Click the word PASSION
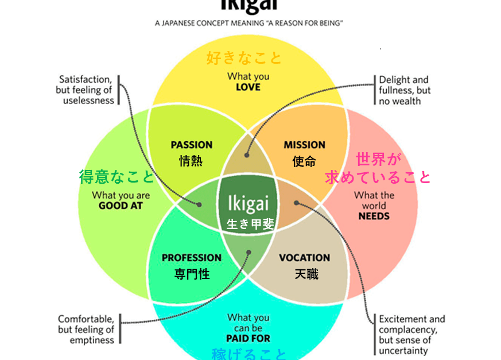(192, 145)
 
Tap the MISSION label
(304, 145)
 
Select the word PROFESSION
(192, 258)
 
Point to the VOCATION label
(305, 258)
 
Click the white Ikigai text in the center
(248, 204)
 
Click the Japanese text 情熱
(191, 161)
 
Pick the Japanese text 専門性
(192, 274)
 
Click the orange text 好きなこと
(244, 58)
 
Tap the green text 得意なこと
(116, 176)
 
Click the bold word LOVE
(248, 87)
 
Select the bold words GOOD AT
(121, 206)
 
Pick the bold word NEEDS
(374, 216)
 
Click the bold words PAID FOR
(248, 339)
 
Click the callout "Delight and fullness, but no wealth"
(404, 90)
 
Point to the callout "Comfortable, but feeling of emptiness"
(86, 330)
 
